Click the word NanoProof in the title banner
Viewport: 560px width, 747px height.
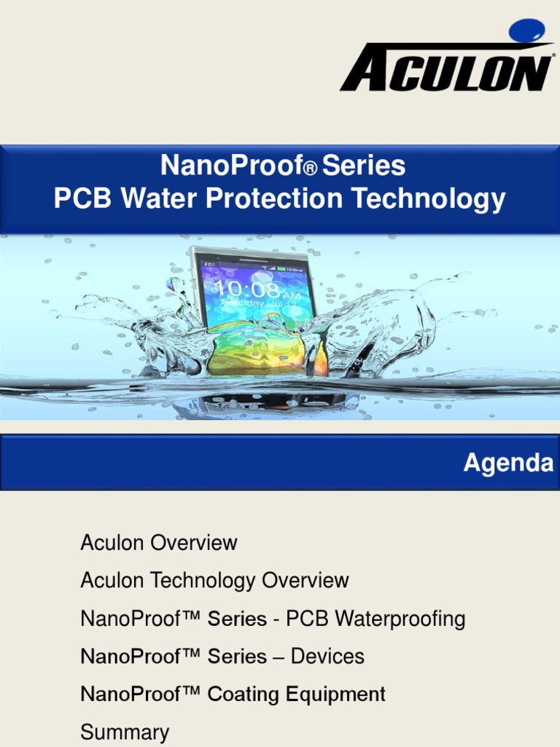(x=232, y=166)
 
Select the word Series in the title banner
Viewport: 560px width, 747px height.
(x=364, y=166)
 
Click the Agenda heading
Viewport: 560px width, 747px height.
(x=507, y=462)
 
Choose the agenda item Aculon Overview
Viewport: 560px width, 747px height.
(x=159, y=543)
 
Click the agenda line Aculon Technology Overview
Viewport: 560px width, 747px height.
(x=214, y=581)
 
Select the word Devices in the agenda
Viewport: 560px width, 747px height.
(x=327, y=656)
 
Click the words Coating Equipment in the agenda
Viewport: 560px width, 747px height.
(x=296, y=694)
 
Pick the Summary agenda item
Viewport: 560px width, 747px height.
(x=125, y=732)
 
